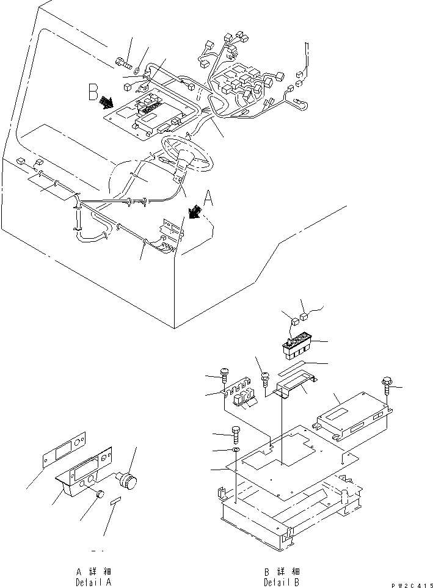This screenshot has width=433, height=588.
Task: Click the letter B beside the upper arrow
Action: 93,93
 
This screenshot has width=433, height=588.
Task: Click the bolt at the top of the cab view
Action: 121,62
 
